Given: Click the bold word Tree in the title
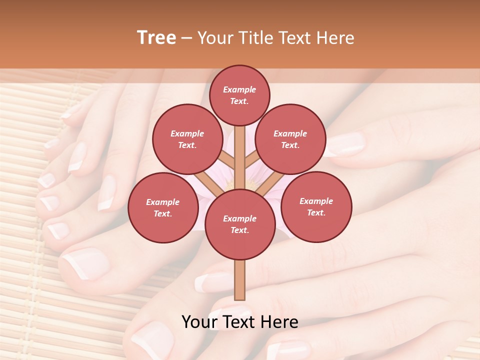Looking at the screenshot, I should [156, 37].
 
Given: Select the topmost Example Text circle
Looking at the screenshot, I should [239, 95].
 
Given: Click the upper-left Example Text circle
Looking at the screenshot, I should [187, 139].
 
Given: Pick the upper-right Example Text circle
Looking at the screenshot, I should [290, 139].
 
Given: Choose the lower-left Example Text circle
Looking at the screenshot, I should [163, 207].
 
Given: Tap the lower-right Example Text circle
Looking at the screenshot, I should [316, 206].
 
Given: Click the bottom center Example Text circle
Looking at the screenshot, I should [239, 224].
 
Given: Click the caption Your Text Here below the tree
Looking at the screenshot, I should [240, 322].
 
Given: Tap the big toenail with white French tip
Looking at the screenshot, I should [85, 262].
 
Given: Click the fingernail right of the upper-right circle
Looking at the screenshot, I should [345, 144].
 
